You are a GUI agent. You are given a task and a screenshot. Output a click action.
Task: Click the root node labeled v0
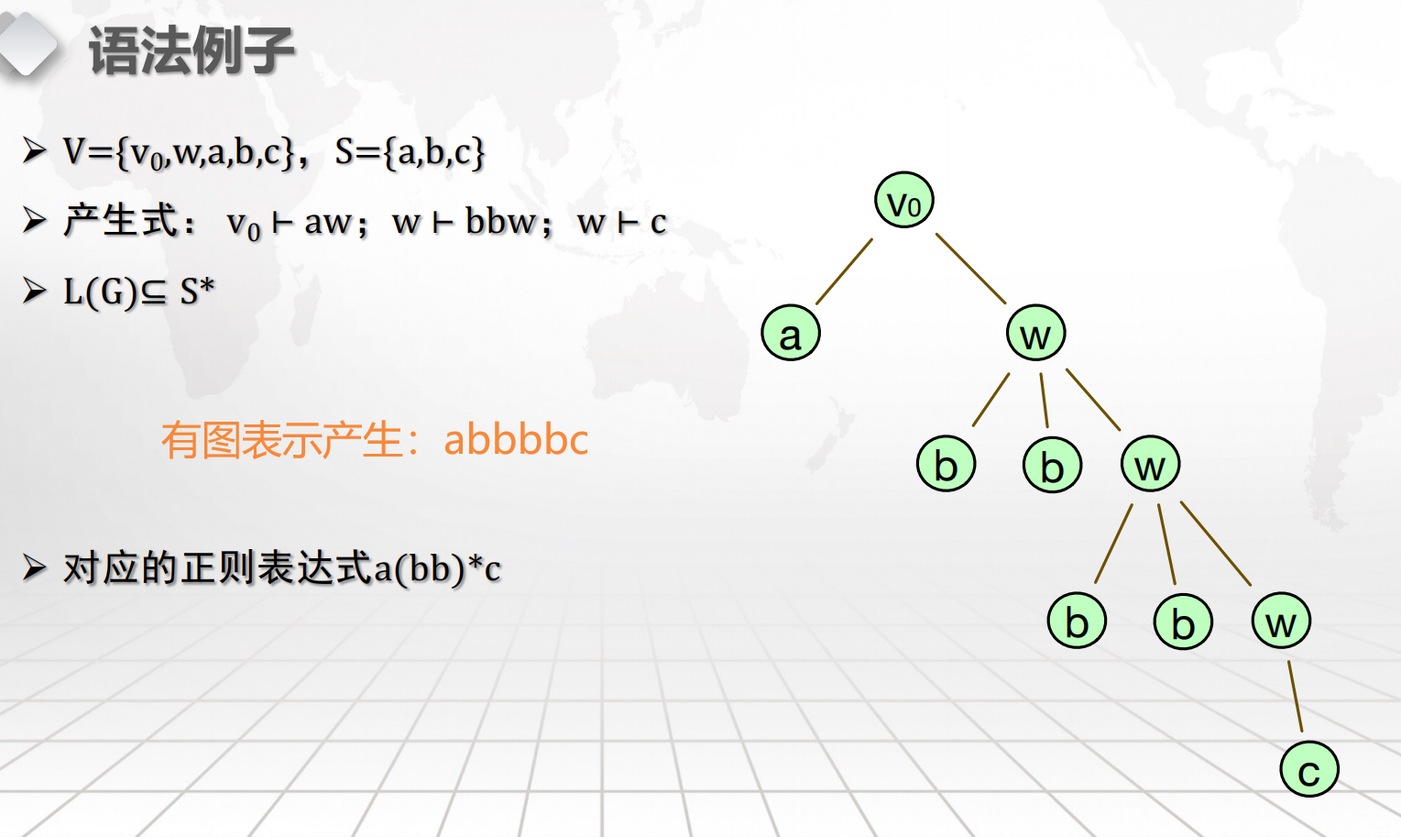903,200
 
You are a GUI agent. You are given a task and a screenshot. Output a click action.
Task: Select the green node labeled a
791,333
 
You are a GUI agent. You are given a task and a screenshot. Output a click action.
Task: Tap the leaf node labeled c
1309,769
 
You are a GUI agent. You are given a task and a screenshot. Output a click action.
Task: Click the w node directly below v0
1035,333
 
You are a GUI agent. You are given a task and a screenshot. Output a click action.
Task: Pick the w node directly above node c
1281,621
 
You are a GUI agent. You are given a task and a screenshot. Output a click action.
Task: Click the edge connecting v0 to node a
844,271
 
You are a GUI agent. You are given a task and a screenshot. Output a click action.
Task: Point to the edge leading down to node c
1296,696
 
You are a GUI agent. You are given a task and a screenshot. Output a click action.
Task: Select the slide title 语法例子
192,51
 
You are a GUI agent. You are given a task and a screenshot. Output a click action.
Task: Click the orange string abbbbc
516,440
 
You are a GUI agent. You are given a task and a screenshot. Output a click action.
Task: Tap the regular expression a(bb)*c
438,568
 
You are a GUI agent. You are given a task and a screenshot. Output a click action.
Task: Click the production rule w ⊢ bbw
464,222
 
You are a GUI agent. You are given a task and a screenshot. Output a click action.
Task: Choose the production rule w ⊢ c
622,223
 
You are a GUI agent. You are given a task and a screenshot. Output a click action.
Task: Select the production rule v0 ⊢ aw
289,224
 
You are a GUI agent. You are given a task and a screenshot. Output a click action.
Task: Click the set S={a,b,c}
410,152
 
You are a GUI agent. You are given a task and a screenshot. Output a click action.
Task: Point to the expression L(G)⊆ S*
139,292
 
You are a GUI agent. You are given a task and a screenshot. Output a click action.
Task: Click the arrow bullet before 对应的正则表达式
35,568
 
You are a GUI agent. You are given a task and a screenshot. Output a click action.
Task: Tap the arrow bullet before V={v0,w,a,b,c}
35,150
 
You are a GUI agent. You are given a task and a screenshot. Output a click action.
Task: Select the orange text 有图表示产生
281,440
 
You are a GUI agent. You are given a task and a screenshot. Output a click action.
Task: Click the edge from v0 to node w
970,269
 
